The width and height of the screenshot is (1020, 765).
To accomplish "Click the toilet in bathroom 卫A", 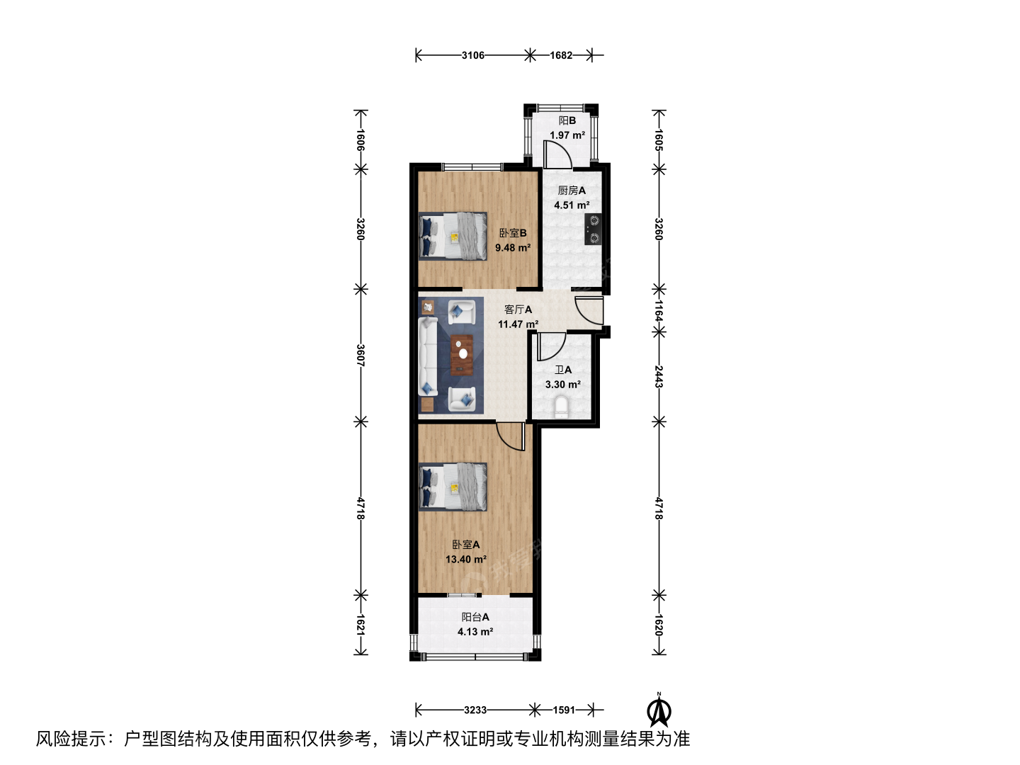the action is [x=561, y=407].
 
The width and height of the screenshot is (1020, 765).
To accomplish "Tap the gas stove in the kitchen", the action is [x=593, y=229].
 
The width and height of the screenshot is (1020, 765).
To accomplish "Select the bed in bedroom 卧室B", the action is [x=453, y=236].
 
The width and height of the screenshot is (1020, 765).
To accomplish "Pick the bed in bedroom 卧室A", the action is [x=453, y=487].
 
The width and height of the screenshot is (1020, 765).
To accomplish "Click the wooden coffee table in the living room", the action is [x=462, y=355].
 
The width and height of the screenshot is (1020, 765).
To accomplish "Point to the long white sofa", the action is [x=428, y=356].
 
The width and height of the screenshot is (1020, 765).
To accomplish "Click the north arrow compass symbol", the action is [x=659, y=710].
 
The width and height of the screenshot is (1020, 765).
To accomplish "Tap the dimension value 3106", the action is [x=473, y=55].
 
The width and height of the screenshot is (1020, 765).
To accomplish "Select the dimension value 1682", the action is [x=561, y=55].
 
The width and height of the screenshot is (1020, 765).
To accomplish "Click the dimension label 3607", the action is [x=361, y=356].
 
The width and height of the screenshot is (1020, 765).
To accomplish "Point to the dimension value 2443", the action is [x=659, y=377].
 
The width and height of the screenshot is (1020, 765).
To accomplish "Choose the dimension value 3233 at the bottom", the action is [x=475, y=710].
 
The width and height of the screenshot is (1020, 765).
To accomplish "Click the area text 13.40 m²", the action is [x=466, y=560].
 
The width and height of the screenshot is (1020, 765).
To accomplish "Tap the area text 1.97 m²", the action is [x=567, y=135].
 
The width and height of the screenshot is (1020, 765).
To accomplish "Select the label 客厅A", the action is [x=518, y=310].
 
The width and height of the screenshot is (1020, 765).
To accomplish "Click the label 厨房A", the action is [x=572, y=191].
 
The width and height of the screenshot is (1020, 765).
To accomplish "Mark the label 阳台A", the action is [x=475, y=617].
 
